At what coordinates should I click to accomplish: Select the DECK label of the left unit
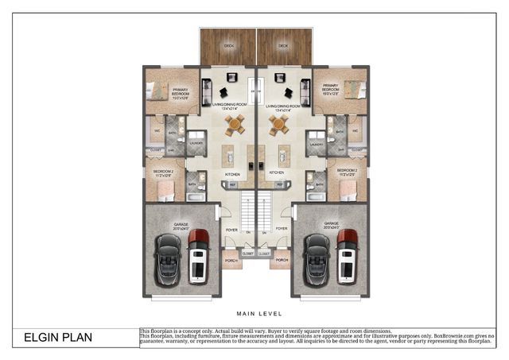pos(229,46)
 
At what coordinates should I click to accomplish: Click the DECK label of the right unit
pos(282,46)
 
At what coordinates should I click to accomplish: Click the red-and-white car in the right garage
pos(347,256)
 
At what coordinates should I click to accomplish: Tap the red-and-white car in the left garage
pos(198,256)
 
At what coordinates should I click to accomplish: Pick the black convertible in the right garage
pos(317,260)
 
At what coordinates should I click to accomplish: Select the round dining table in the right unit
pos(278,123)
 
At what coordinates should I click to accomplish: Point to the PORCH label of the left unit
pos(231,260)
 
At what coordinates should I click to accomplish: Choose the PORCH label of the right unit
pos(282,260)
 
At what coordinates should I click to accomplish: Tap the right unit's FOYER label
pos(282,229)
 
